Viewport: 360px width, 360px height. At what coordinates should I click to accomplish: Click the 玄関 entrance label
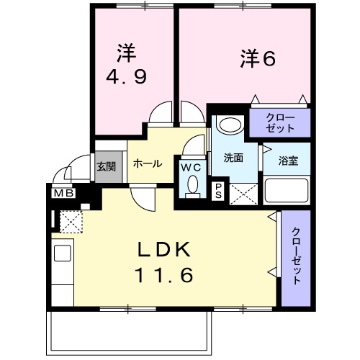(x=106, y=166)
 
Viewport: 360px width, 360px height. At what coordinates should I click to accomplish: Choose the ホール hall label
(x=147, y=163)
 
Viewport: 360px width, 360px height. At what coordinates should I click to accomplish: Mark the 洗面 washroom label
(x=232, y=157)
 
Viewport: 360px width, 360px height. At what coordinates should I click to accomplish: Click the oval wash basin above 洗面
(x=230, y=125)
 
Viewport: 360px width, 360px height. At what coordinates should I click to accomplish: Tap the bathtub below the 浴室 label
(x=287, y=190)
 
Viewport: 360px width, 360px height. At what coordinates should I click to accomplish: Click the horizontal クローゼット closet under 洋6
(x=280, y=122)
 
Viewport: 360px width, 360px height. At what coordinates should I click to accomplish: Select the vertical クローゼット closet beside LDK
(x=295, y=256)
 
